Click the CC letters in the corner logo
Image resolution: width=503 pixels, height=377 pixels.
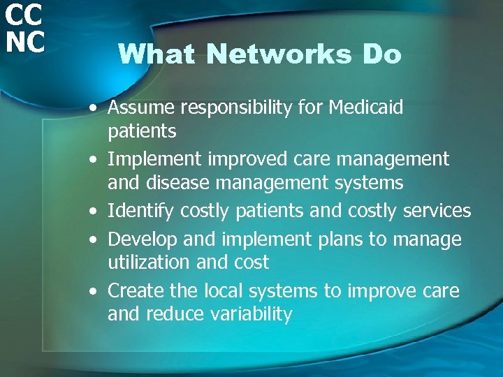23,13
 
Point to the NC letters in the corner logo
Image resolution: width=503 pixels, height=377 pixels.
23,41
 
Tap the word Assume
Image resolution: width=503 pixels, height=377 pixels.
141,108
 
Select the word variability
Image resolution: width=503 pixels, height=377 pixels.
247,314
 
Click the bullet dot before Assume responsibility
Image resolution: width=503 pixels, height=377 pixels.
93,109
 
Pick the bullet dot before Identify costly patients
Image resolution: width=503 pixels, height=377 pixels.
93,212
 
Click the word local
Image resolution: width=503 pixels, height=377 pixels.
223,290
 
